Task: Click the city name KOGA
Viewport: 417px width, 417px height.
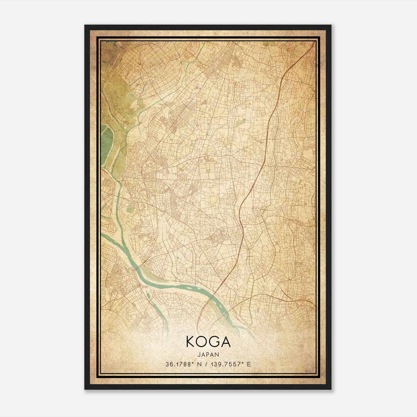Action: point(208,342)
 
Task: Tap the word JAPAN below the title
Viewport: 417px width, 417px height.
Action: point(208,354)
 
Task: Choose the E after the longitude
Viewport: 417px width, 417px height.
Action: point(249,364)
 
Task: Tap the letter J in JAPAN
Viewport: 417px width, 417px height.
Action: point(199,354)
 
